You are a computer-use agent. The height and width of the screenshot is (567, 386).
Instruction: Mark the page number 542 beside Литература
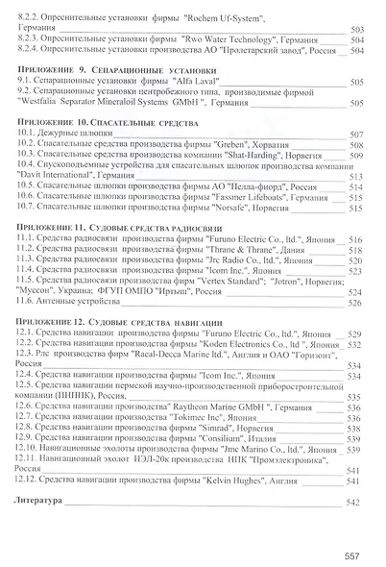[x=351, y=503]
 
